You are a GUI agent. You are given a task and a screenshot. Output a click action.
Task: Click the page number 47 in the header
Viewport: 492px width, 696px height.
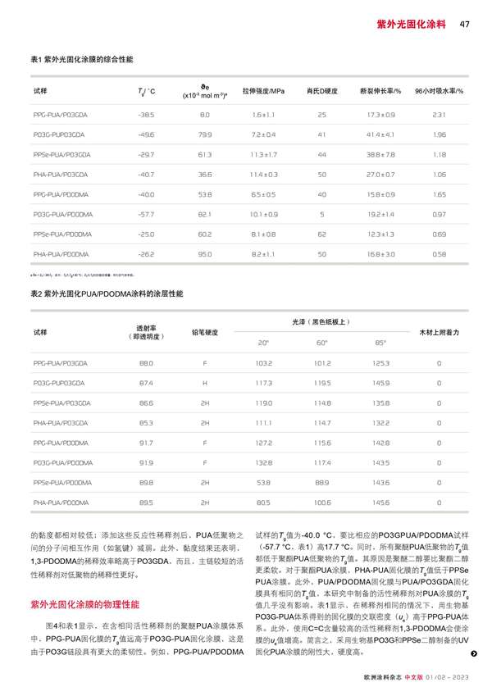click(464, 24)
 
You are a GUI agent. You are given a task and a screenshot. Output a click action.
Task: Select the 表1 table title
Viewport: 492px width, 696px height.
click(81, 61)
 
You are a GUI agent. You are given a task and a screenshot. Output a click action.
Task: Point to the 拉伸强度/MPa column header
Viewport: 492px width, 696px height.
click(263, 89)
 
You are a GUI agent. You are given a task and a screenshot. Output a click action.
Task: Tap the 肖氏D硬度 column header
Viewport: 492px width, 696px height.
click(321, 89)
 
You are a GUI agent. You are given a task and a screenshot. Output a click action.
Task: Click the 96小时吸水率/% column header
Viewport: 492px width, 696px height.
click(439, 89)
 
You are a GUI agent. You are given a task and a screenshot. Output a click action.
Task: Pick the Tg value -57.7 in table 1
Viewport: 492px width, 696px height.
click(147, 213)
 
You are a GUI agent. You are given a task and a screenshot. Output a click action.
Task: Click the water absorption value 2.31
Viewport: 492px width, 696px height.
click(439, 114)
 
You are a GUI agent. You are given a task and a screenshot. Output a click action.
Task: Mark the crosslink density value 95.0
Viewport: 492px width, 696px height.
click(205, 254)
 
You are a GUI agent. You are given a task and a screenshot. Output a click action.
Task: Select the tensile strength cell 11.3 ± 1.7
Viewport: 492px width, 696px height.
click(263, 154)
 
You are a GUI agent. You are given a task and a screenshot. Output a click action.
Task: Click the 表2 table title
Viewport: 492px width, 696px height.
click(107, 293)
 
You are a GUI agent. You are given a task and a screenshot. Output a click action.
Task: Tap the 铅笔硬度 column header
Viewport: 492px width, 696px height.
click(205, 332)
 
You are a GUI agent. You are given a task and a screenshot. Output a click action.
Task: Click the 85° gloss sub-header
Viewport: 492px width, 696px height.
click(380, 342)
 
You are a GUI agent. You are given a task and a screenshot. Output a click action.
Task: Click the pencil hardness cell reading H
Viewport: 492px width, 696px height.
click(205, 382)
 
